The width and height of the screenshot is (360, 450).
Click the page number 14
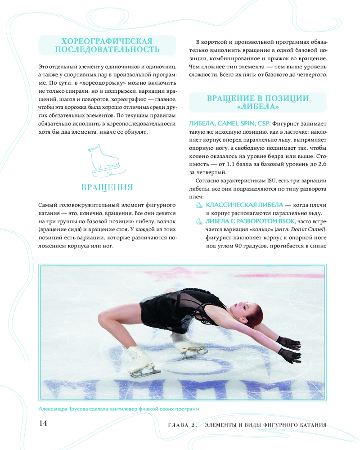click(43, 423)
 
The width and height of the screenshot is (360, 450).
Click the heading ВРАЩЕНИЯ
click(107, 187)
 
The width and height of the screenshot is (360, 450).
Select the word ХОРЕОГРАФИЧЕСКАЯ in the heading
click(107, 40)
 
